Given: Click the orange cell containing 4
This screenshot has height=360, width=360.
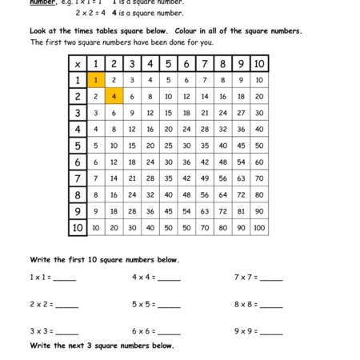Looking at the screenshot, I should [x=114, y=96].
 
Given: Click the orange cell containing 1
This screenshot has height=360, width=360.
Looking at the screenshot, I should [x=96, y=80].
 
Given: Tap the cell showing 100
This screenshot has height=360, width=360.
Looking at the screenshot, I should [x=259, y=227].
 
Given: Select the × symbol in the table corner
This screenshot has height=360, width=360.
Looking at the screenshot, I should [x=78, y=64].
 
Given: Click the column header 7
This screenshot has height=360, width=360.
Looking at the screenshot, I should [x=205, y=64].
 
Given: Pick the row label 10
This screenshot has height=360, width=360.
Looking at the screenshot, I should [x=78, y=227].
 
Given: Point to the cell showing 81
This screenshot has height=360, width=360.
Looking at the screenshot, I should [x=241, y=211].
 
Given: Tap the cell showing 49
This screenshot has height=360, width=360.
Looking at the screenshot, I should [x=205, y=178].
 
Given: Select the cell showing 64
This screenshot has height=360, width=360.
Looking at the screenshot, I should [x=223, y=194].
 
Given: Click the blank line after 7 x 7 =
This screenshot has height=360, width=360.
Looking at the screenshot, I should [x=271, y=278].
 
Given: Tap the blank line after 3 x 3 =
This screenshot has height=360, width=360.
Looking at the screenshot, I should [x=66, y=331].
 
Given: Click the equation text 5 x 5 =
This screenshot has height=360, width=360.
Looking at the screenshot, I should [x=144, y=304].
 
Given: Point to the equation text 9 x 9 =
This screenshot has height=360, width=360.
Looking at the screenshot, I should [x=246, y=330].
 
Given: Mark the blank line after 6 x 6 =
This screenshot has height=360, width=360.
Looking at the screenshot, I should [x=169, y=331].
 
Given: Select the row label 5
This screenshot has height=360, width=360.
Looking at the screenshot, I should [x=78, y=146].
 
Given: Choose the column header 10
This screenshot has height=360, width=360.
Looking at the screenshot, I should [x=259, y=64].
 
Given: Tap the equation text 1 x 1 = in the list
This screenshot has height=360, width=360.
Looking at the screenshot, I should [x=41, y=278].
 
